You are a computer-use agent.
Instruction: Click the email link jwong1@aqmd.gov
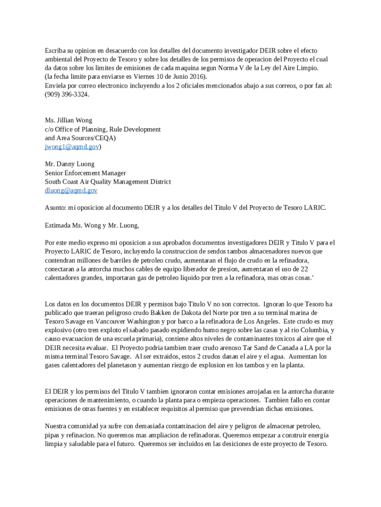pyautogui.click(x=72, y=147)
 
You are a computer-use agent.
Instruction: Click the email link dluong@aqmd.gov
pyautogui.click(x=71, y=190)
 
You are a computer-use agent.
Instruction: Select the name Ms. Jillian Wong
pyautogui.click(x=68, y=120)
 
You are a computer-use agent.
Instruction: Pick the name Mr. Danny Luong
pyautogui.click(x=69, y=164)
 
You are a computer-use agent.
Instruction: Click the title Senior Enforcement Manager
pyautogui.click(x=85, y=173)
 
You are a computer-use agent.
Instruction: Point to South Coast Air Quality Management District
pyautogui.click(x=108, y=182)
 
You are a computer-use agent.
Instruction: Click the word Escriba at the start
pyautogui.click(x=56, y=51)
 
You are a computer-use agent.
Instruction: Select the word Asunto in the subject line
pyautogui.click(x=55, y=207)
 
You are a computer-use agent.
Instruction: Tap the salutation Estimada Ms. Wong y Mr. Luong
pyautogui.click(x=92, y=225)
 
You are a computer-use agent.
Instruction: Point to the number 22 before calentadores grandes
pyautogui.click(x=305, y=269)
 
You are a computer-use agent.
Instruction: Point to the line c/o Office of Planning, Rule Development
pyautogui.click(x=102, y=129)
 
